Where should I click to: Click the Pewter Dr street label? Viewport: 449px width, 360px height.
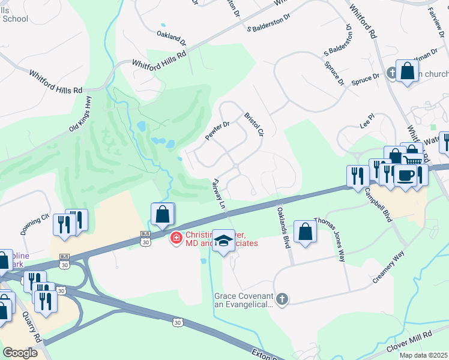[218, 131]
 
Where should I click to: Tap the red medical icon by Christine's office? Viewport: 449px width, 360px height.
[176, 238]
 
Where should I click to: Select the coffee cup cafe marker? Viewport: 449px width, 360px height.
[405, 175]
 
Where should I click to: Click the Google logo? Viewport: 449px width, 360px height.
[20, 352]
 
